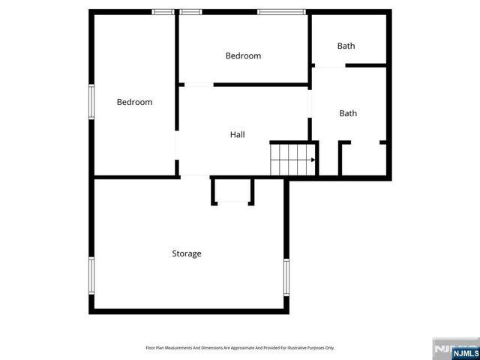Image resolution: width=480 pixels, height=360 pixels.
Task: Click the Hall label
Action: click(237, 135)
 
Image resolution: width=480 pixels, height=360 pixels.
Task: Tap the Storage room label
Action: click(187, 253)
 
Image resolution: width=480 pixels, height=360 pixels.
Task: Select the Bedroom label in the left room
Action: click(134, 102)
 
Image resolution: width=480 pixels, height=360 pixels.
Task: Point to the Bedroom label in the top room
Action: click(243, 55)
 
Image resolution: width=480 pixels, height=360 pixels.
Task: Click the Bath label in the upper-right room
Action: click(346, 46)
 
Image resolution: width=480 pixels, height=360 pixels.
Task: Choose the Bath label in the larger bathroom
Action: click(348, 113)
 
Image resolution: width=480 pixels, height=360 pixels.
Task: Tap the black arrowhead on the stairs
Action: click(313, 159)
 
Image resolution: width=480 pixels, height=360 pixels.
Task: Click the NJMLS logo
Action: click(456, 349)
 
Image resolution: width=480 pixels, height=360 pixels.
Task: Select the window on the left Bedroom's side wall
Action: click(91, 102)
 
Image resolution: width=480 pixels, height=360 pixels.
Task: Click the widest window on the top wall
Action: click(282, 11)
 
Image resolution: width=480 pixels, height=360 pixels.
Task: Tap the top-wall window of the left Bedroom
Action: click(163, 11)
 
